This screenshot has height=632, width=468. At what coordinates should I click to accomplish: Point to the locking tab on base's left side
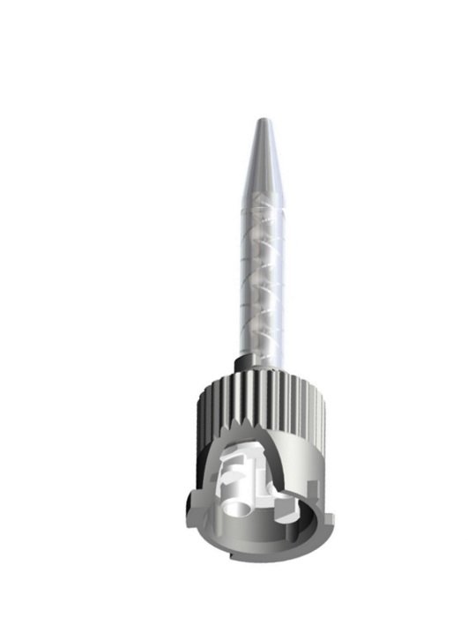coord(190,503)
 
